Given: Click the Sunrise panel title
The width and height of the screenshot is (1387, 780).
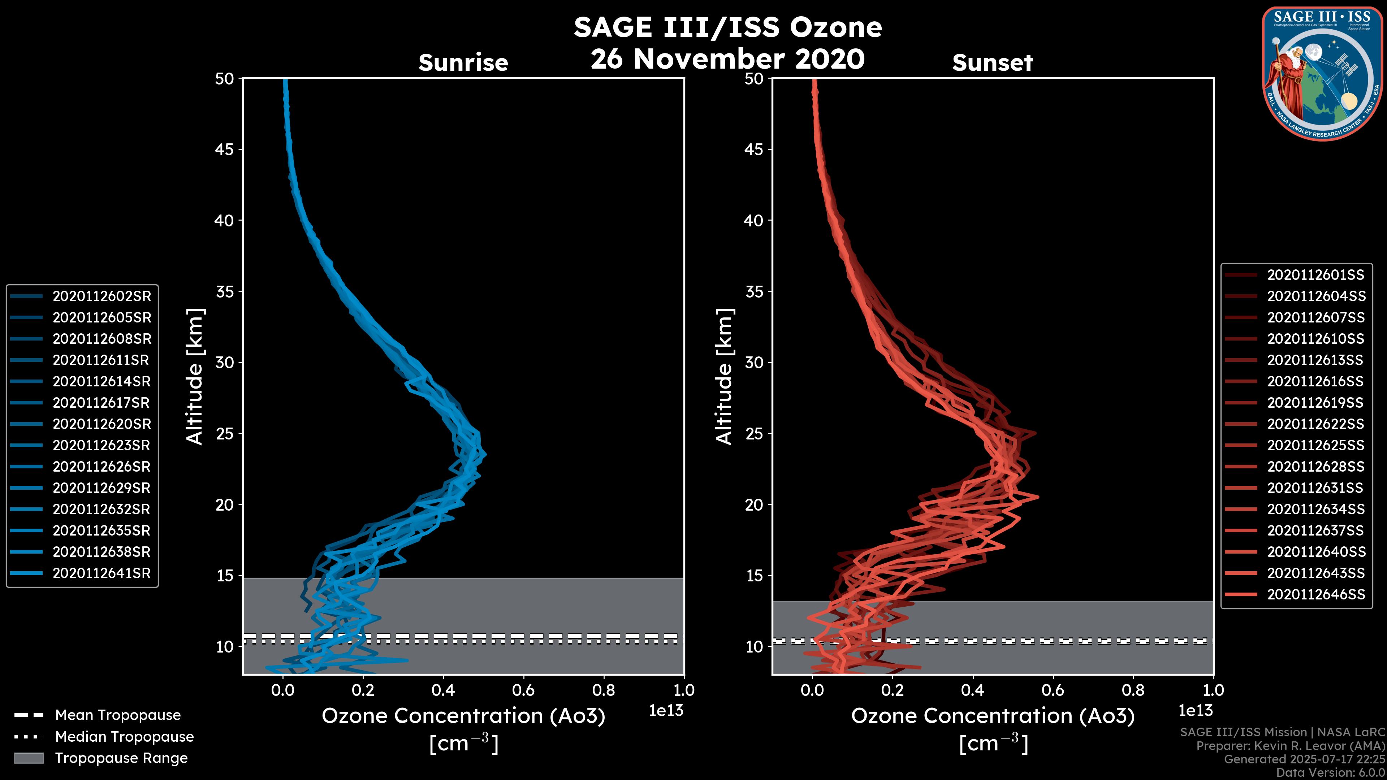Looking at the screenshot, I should [x=463, y=62].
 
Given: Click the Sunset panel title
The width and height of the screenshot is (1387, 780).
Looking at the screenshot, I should [x=992, y=62].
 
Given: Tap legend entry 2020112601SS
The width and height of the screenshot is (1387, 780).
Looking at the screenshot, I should [x=1316, y=275].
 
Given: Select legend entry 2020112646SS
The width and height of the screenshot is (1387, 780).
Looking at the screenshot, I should [x=1316, y=594].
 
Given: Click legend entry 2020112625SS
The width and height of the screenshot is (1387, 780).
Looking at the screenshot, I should [x=1316, y=446].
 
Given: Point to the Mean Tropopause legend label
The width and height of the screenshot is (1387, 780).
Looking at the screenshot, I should [x=118, y=715].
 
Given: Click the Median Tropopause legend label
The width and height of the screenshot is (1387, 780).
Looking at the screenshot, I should [x=124, y=736].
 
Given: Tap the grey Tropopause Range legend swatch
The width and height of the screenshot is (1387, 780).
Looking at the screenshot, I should [x=29, y=758].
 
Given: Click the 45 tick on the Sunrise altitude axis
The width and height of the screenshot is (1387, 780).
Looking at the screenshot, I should [x=225, y=149].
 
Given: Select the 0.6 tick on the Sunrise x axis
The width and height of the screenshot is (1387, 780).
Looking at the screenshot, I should [x=523, y=690].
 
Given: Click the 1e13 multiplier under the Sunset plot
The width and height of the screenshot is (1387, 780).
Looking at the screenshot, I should [x=1195, y=711].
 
